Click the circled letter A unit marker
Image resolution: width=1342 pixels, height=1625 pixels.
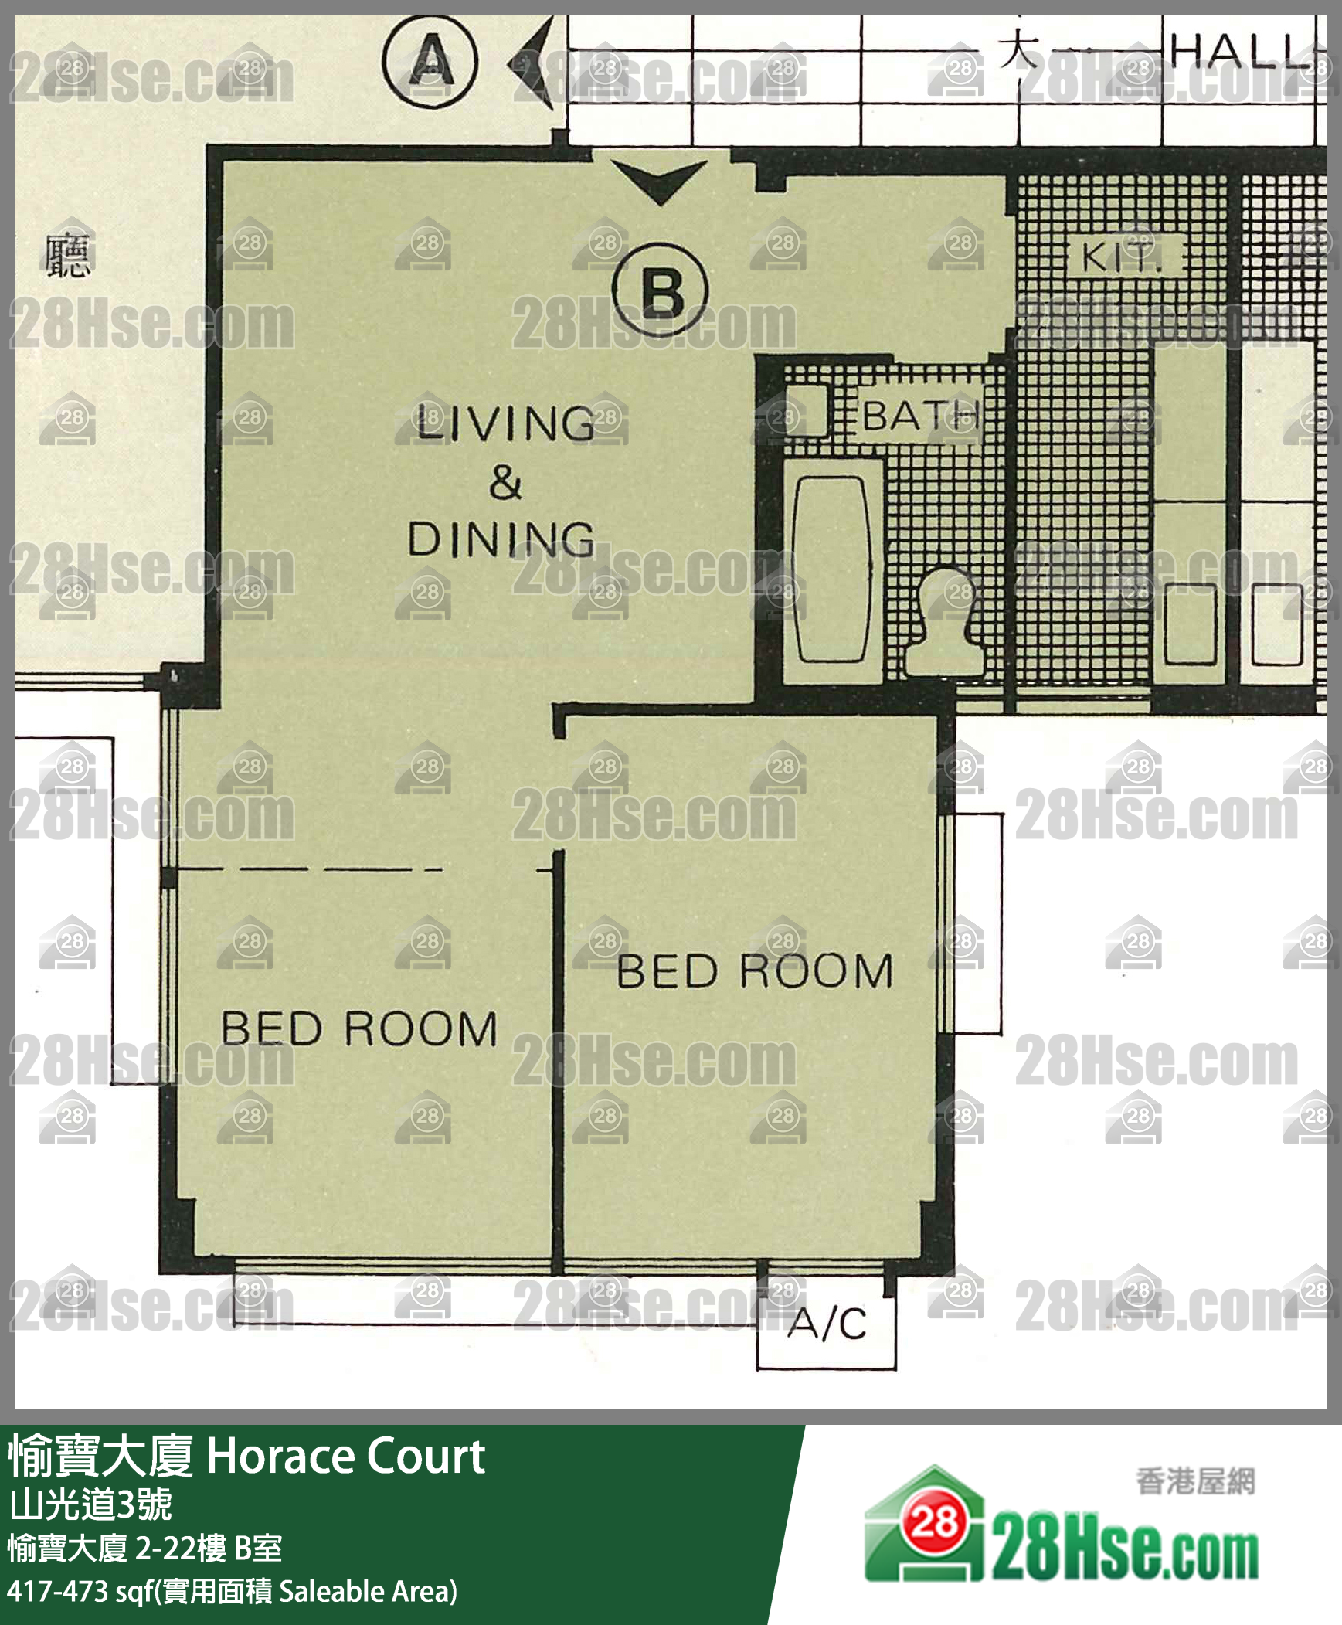click(430, 61)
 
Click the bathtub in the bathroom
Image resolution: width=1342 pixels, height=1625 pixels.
click(832, 569)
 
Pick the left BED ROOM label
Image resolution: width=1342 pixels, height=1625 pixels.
click(358, 1029)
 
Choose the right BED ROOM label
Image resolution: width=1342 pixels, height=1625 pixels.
click(755, 971)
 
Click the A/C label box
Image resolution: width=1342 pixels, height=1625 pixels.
click(827, 1324)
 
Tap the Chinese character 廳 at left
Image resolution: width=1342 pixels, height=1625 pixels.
click(67, 256)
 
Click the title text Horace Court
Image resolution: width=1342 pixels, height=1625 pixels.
click(345, 1457)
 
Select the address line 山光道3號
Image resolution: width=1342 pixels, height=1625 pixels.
click(90, 1504)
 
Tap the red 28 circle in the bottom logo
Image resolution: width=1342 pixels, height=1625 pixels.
click(935, 1522)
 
